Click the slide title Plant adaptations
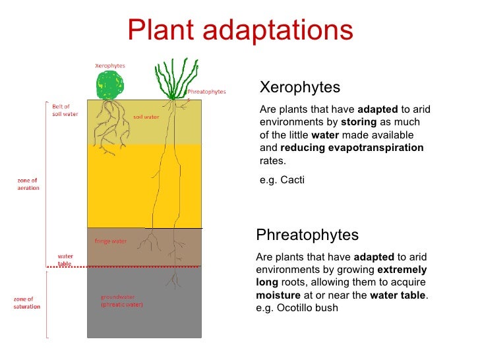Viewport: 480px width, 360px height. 240,29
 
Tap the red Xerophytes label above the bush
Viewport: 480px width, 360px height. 109,66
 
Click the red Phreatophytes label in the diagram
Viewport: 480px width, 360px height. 206,92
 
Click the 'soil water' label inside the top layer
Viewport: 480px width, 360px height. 146,117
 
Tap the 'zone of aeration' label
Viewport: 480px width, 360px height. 28,183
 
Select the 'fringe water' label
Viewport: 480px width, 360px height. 111,241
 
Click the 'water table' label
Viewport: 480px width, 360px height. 65,259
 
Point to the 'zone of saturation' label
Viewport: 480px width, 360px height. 27,303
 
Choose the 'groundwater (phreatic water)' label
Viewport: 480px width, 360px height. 121,301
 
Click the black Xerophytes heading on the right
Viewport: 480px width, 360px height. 300,88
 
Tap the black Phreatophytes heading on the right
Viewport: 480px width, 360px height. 307,235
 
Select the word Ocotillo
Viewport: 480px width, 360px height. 293,307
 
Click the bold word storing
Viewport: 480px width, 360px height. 359,123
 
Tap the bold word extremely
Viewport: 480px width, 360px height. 402,270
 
